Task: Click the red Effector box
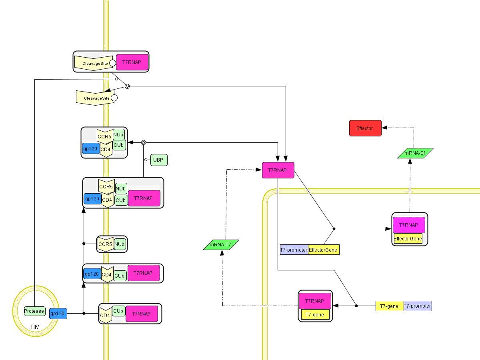point(365,128)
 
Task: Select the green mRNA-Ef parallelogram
point(415,153)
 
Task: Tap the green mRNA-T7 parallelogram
point(221,245)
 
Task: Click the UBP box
point(159,160)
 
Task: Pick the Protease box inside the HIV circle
point(34,311)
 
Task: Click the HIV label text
point(36,327)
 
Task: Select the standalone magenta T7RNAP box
point(278,170)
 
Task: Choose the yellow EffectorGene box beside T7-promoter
point(324,250)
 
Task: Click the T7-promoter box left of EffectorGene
point(294,250)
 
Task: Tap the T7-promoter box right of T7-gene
point(418,306)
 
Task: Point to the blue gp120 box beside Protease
point(58,314)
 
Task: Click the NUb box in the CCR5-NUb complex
point(120,244)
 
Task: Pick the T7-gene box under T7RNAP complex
point(315,315)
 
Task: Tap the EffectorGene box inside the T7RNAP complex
point(408,239)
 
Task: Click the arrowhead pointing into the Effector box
point(384,128)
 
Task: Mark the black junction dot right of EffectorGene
point(334,229)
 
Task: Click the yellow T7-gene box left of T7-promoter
point(389,306)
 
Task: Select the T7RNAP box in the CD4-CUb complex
point(141,314)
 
